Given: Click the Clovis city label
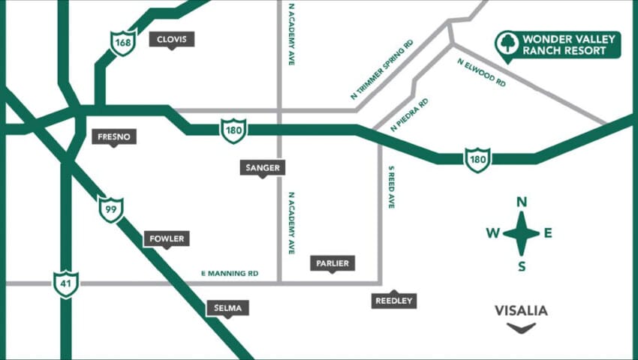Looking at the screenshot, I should point(172,39).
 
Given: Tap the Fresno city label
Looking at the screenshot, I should point(114,136).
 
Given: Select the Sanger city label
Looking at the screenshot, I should point(263,167).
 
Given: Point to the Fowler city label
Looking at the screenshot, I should point(167,238).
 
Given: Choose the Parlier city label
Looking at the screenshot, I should point(333,262).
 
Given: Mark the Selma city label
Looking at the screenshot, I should point(227,307).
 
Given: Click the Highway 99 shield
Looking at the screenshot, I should point(111,209).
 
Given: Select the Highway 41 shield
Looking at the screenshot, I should point(66,283).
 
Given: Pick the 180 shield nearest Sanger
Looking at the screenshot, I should point(233,130).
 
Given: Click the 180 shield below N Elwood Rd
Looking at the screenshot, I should point(477,159).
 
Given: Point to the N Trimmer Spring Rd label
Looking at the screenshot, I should point(382,70).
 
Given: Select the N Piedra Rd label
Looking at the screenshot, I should point(409,115).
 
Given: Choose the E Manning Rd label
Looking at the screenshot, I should point(230,274).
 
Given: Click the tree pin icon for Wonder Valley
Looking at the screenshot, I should point(507,43).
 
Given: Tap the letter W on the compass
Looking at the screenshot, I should point(492,232).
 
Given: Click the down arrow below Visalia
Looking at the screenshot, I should point(521,328).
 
